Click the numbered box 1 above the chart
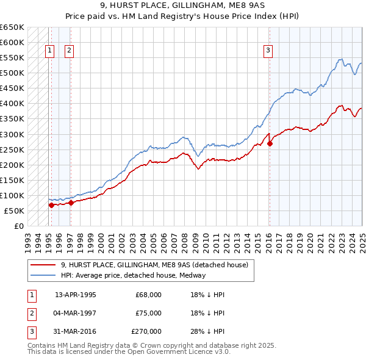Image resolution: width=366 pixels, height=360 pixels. tap(49, 51)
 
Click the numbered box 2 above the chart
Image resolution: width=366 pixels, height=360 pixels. tap(69, 51)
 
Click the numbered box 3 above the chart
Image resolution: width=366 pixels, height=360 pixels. tap(268, 51)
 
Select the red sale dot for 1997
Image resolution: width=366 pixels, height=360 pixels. tap(71, 203)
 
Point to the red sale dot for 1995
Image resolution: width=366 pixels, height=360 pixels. tap(51, 206)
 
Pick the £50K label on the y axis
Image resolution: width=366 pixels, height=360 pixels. tap(15, 211)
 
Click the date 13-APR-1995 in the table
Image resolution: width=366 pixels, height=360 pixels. tap(76, 295)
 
